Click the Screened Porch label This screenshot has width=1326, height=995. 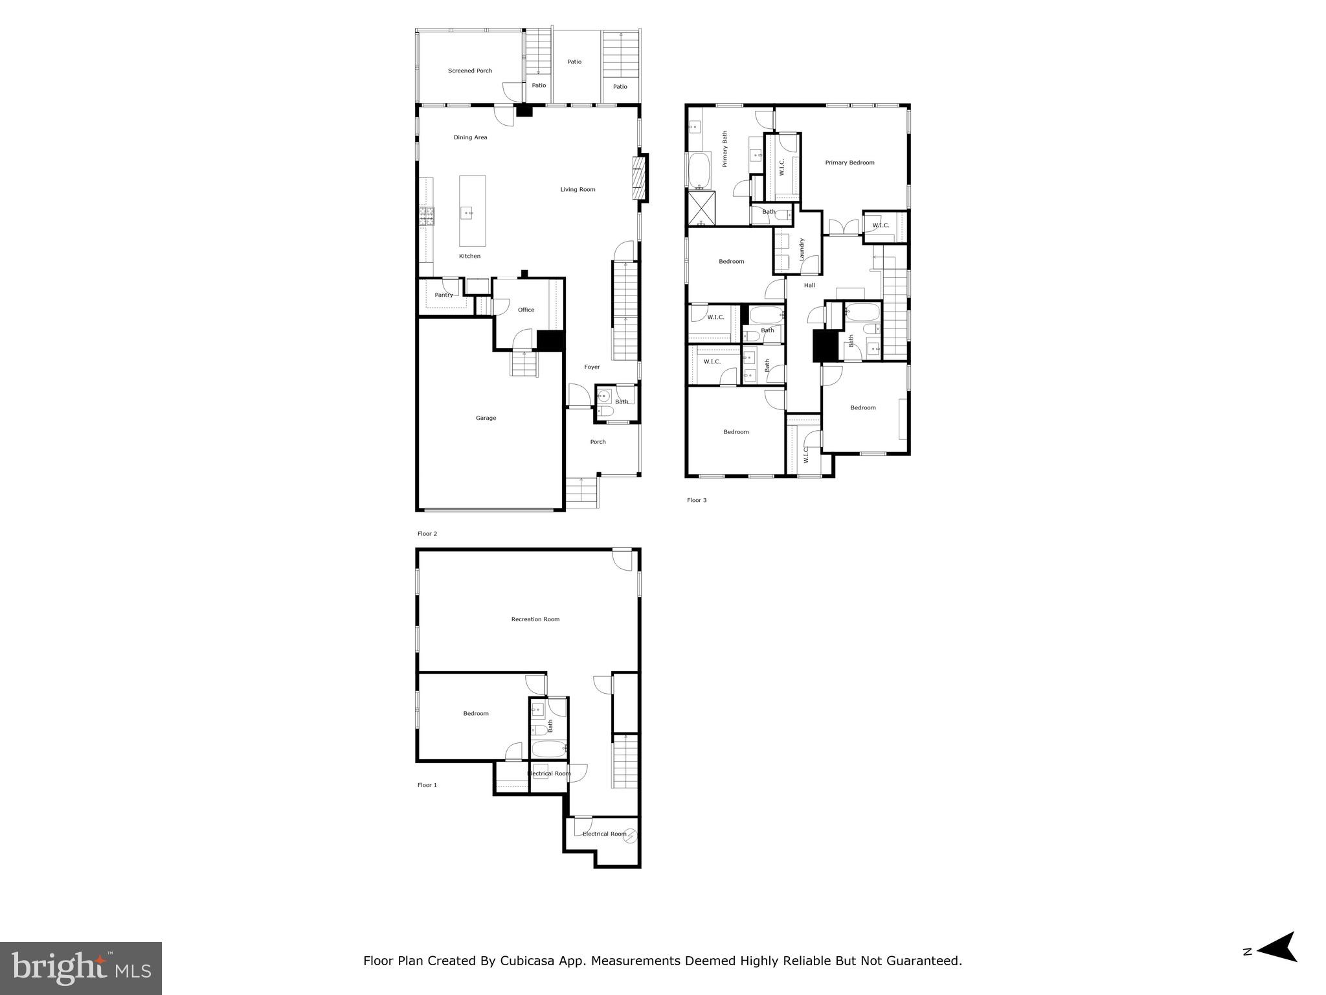(470, 71)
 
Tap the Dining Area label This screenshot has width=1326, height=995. (470, 137)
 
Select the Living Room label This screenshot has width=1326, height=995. (578, 190)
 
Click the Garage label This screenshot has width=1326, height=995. (486, 418)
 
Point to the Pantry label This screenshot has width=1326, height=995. (444, 295)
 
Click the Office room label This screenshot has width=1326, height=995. (526, 310)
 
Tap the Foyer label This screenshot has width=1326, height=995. (592, 367)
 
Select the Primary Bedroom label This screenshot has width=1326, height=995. (849, 163)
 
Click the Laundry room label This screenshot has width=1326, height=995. (802, 249)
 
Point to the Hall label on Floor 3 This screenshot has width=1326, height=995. (809, 285)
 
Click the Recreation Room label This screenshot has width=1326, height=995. (535, 619)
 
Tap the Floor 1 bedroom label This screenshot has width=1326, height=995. (475, 713)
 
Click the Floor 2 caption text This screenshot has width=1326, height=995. (427, 534)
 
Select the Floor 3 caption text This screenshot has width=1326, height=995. (697, 500)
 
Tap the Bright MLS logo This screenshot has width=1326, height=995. (81, 968)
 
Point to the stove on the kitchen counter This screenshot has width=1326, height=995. (426, 216)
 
